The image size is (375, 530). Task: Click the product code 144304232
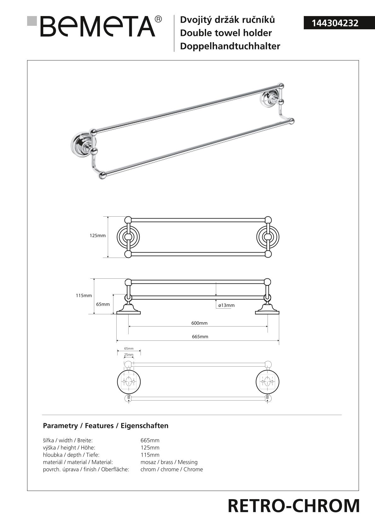pyautogui.click(x=335, y=23)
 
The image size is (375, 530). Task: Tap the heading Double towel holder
pyautogui.click(x=226, y=33)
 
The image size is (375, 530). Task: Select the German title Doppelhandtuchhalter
pyautogui.click(x=230, y=46)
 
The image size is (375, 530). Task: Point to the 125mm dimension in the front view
pyautogui.click(x=98, y=236)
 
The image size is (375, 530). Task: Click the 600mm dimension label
pyautogui.click(x=199, y=323)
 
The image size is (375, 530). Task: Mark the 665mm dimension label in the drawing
pyautogui.click(x=200, y=337)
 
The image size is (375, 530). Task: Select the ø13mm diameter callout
pyautogui.click(x=226, y=305)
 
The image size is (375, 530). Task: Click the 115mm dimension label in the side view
pyautogui.click(x=84, y=295)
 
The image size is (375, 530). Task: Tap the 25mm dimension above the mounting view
pyautogui.click(x=129, y=355)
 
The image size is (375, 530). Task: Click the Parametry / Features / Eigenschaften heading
pyautogui.click(x=106, y=426)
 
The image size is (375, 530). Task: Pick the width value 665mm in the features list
pyautogui.click(x=150, y=440)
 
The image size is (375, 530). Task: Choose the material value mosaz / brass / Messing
pyautogui.click(x=169, y=462)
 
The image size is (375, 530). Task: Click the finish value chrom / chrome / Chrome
pyautogui.click(x=172, y=469)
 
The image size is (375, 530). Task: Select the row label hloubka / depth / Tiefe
pyautogui.click(x=71, y=455)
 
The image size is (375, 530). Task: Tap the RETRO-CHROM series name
pyautogui.click(x=293, y=506)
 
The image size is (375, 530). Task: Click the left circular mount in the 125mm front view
pyautogui.click(x=128, y=237)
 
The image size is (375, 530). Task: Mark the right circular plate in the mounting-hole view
pyautogui.click(x=268, y=382)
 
